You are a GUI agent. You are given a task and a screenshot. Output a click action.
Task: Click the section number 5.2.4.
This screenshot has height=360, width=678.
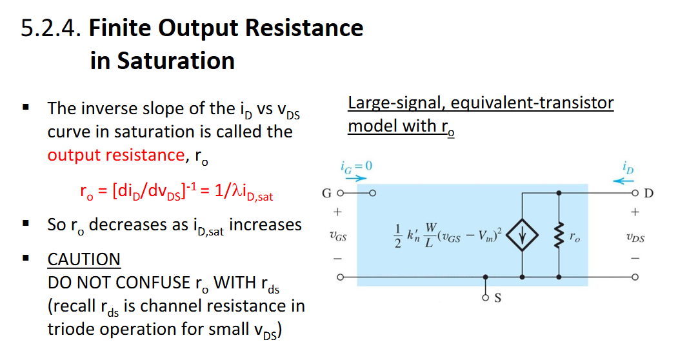(52, 29)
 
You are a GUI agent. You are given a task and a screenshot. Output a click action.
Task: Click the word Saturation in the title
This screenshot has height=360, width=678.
(162, 61)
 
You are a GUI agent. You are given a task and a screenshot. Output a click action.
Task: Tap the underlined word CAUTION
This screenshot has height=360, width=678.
(84, 259)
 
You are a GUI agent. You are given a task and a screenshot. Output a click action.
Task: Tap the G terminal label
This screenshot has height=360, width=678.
(326, 193)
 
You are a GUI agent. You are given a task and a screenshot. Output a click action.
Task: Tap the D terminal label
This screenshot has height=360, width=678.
(649, 193)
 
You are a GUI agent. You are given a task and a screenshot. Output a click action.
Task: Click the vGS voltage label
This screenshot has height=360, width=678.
(337, 237)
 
